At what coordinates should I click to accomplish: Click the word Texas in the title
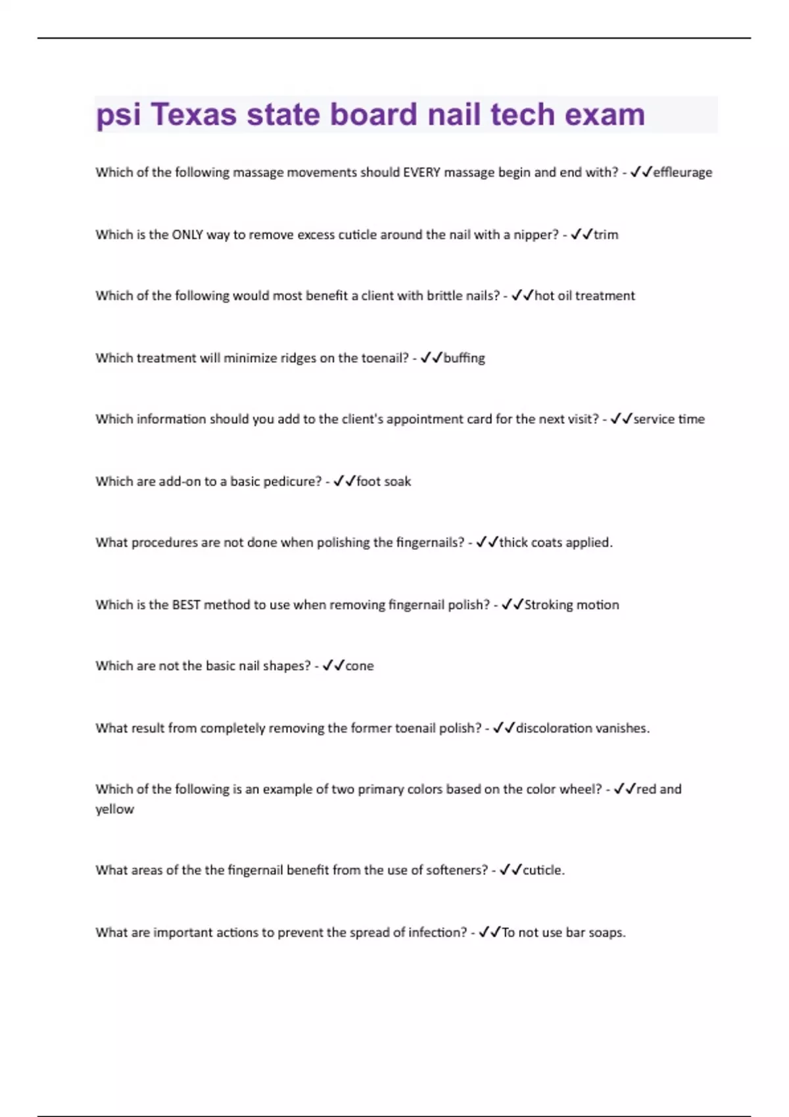pos(193,115)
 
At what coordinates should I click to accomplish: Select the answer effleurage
pos(682,172)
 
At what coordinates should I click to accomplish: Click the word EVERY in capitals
pos(421,172)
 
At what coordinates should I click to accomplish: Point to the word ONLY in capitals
pos(187,235)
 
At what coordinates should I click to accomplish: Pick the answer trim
pos(606,235)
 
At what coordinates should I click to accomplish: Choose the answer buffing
pos(464,358)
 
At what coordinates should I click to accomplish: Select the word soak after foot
pos(397,482)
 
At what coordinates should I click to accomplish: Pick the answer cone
pos(360,666)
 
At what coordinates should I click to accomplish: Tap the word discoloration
pos(554,728)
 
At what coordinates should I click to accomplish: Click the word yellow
pos(114,809)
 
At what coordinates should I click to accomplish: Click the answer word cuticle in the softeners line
pos(543,870)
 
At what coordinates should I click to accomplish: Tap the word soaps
pos(606,932)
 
